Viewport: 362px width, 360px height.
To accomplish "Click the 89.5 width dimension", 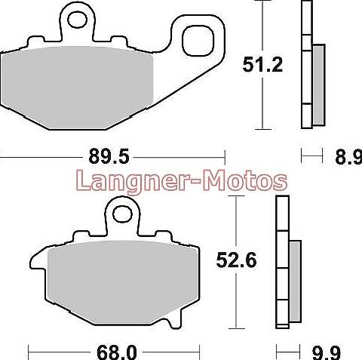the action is tap(109, 156).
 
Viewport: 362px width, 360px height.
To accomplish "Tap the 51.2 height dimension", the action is tap(262, 65).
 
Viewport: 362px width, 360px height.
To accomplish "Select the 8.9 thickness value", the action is tap(349, 157).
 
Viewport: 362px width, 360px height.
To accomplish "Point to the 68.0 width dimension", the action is tap(117, 352).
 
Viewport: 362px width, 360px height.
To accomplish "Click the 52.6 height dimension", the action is tap(236, 260).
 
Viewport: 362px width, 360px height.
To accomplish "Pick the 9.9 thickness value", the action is tap(327, 353).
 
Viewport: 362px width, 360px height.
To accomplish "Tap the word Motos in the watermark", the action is tap(245, 180).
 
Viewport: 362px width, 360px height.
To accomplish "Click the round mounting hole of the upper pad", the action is tap(77, 20).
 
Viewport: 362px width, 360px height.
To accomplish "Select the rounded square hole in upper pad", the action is tap(198, 41).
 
